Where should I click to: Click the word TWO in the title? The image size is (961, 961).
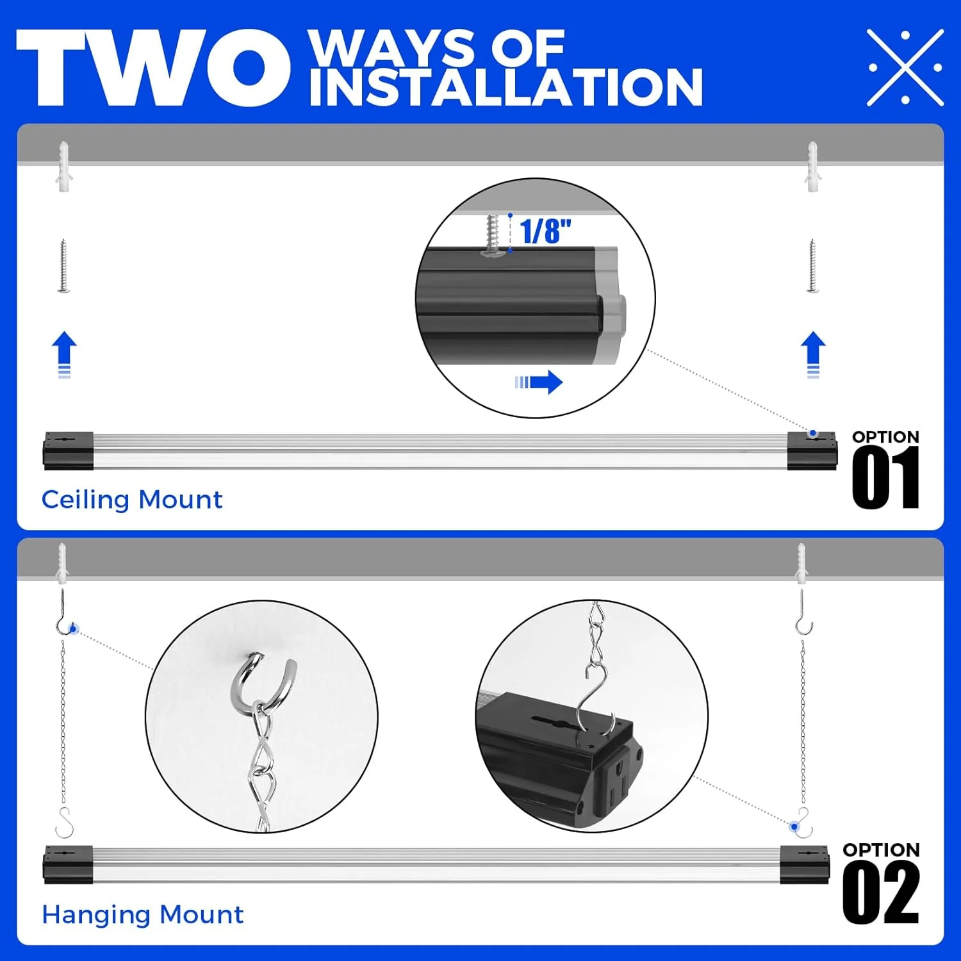click(152, 67)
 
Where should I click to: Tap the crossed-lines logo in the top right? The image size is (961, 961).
click(905, 67)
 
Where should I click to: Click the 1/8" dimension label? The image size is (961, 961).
click(545, 231)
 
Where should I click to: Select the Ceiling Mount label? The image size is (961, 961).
click(132, 500)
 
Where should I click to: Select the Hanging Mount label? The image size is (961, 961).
click(142, 915)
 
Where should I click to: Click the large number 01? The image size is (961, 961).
click(885, 478)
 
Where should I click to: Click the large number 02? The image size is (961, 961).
click(881, 892)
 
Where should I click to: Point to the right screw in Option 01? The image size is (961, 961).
click(812, 266)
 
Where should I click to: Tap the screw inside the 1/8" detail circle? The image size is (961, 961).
click(493, 234)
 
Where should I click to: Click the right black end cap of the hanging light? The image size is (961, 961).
click(805, 865)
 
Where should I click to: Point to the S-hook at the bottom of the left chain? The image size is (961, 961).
click(64, 823)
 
